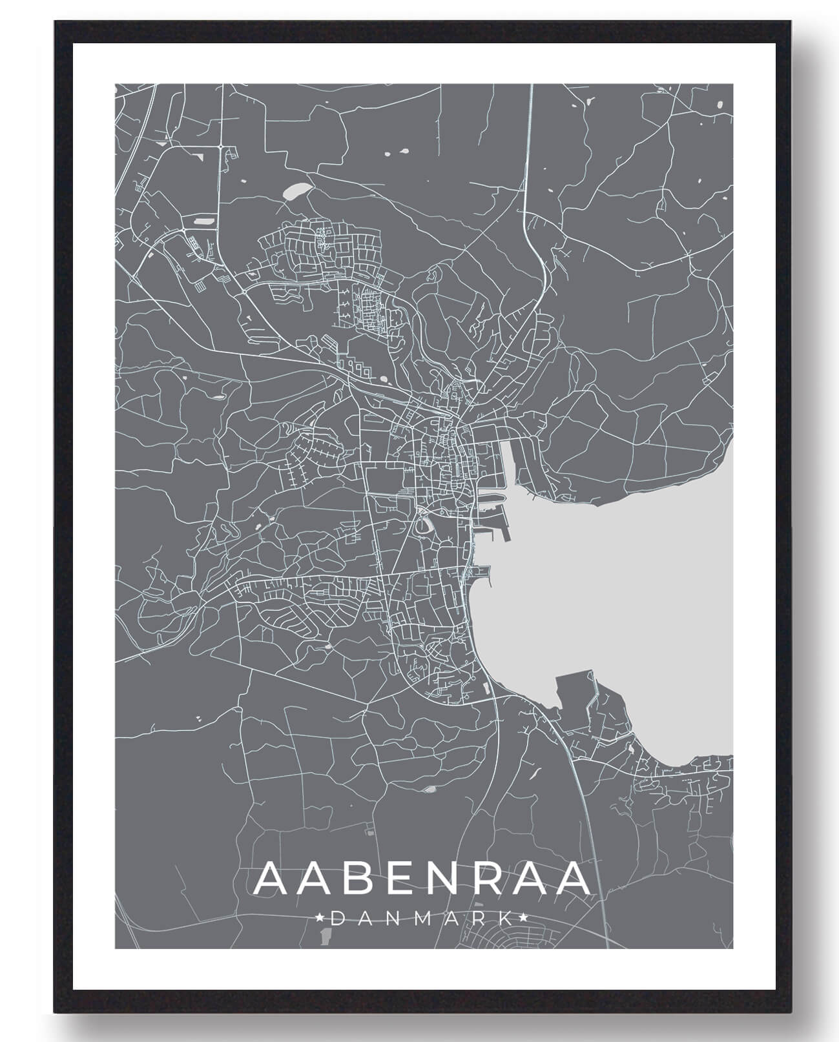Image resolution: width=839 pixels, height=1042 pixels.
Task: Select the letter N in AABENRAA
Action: pyautogui.click(x=450, y=878)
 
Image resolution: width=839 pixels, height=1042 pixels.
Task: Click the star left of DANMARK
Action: pyautogui.click(x=319, y=917)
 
